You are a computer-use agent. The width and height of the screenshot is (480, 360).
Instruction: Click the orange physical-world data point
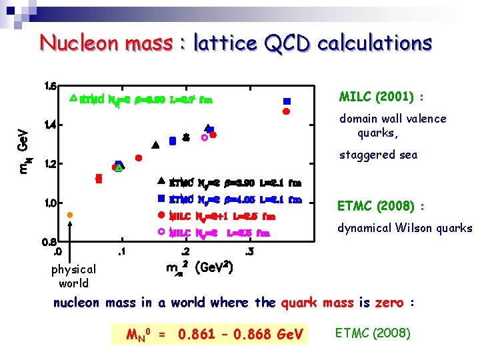coord(69,215)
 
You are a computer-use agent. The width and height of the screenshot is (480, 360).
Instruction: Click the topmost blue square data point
coord(287,101)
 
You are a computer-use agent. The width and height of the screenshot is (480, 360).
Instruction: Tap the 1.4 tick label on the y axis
coord(50,125)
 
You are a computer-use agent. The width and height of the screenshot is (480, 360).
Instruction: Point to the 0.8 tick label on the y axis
coord(50,241)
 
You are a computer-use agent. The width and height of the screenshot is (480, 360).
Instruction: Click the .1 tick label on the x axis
coord(120,251)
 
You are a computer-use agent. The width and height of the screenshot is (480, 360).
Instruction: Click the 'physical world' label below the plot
coord(73,276)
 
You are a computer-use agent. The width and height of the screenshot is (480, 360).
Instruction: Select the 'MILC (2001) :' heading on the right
coord(381,97)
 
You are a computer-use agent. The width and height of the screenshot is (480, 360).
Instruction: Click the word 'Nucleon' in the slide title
coord(74,43)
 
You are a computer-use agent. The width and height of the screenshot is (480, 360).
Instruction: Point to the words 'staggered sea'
coord(378,155)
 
